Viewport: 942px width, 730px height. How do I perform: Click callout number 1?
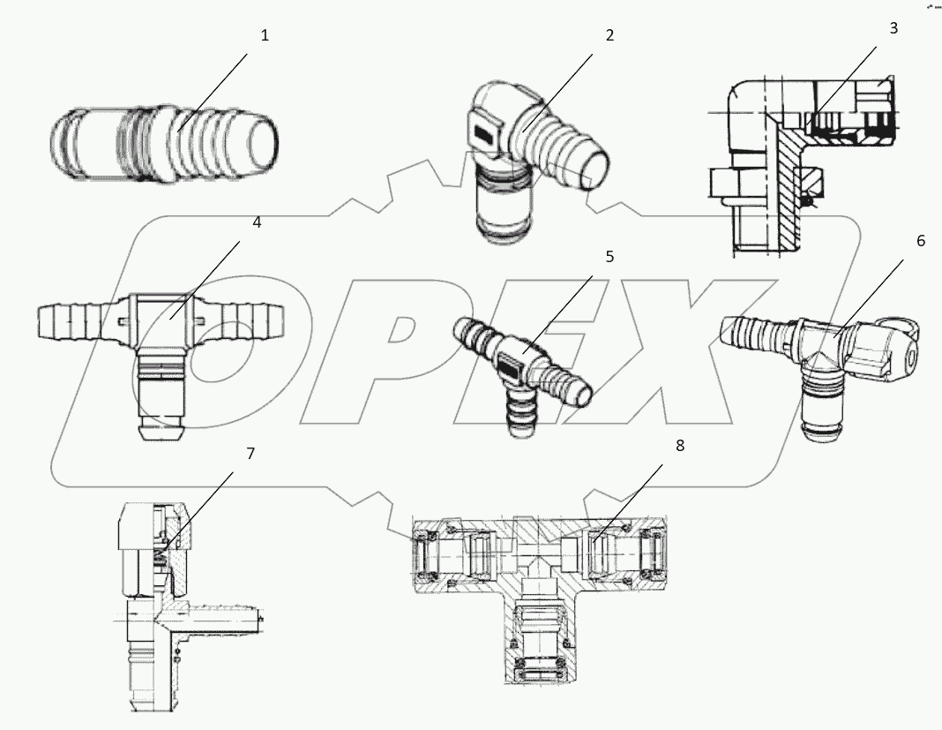[x=265, y=36]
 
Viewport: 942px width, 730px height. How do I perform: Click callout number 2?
[x=609, y=36]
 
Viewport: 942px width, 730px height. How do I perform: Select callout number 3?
[x=893, y=28]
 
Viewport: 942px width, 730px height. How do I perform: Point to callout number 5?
[x=609, y=257]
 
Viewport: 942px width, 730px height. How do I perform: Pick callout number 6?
[x=920, y=241]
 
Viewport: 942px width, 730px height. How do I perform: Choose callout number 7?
[x=250, y=454]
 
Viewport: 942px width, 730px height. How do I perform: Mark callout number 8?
[x=679, y=446]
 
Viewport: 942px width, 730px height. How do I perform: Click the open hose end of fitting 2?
[x=595, y=169]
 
